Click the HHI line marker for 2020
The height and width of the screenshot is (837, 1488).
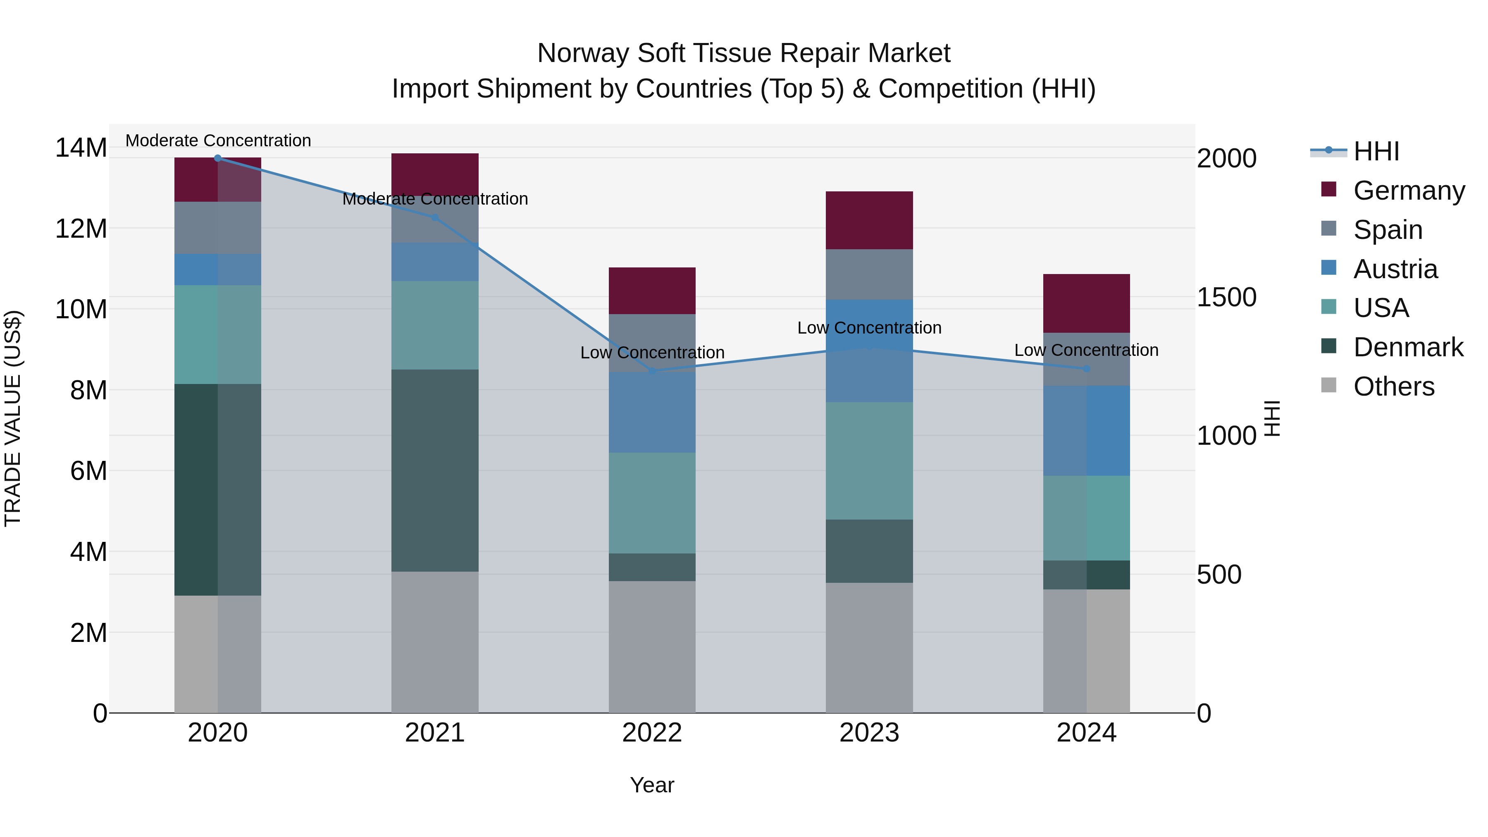tap(218, 158)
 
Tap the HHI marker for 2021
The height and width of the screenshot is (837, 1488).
tap(435, 218)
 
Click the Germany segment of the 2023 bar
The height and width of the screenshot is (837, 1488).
tap(869, 220)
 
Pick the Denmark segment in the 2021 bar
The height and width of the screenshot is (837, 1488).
tap(435, 470)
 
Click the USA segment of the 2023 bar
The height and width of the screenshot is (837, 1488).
tap(869, 460)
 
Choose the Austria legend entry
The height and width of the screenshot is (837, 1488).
tap(1395, 269)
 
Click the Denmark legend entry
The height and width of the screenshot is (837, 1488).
tap(1408, 348)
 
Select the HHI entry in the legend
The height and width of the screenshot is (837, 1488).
tap(1376, 151)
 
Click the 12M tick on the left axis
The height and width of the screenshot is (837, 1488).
tap(81, 229)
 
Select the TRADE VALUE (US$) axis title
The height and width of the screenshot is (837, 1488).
tap(13, 418)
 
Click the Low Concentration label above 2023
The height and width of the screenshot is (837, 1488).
tap(869, 328)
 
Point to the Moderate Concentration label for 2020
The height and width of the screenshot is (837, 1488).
tap(218, 141)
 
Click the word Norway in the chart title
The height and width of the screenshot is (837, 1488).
tap(583, 54)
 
